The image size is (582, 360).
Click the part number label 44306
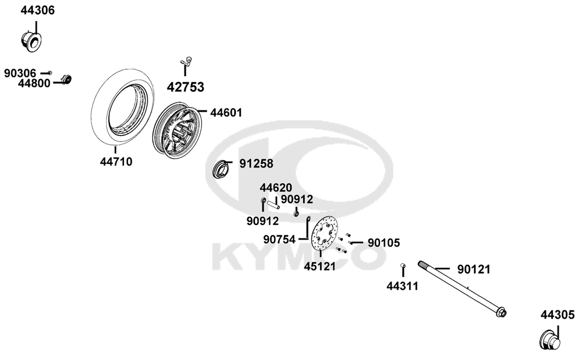(37, 10)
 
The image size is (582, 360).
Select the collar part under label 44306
(31, 42)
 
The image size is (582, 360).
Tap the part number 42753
(185, 87)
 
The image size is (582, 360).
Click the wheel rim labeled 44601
(177, 130)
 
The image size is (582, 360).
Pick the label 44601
(226, 113)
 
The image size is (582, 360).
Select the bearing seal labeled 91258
(219, 170)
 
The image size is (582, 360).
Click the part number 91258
(256, 163)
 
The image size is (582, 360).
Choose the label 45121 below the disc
(320, 266)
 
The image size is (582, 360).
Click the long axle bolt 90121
(462, 288)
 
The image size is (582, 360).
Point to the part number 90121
(474, 269)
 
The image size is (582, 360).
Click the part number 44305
(558, 315)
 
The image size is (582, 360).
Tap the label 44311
(402, 286)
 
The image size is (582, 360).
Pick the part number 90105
(384, 243)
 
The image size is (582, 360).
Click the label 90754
(279, 240)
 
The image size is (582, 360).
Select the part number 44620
(276, 188)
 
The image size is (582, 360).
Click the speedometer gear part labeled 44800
(66, 80)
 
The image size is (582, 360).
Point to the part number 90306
(20, 73)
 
